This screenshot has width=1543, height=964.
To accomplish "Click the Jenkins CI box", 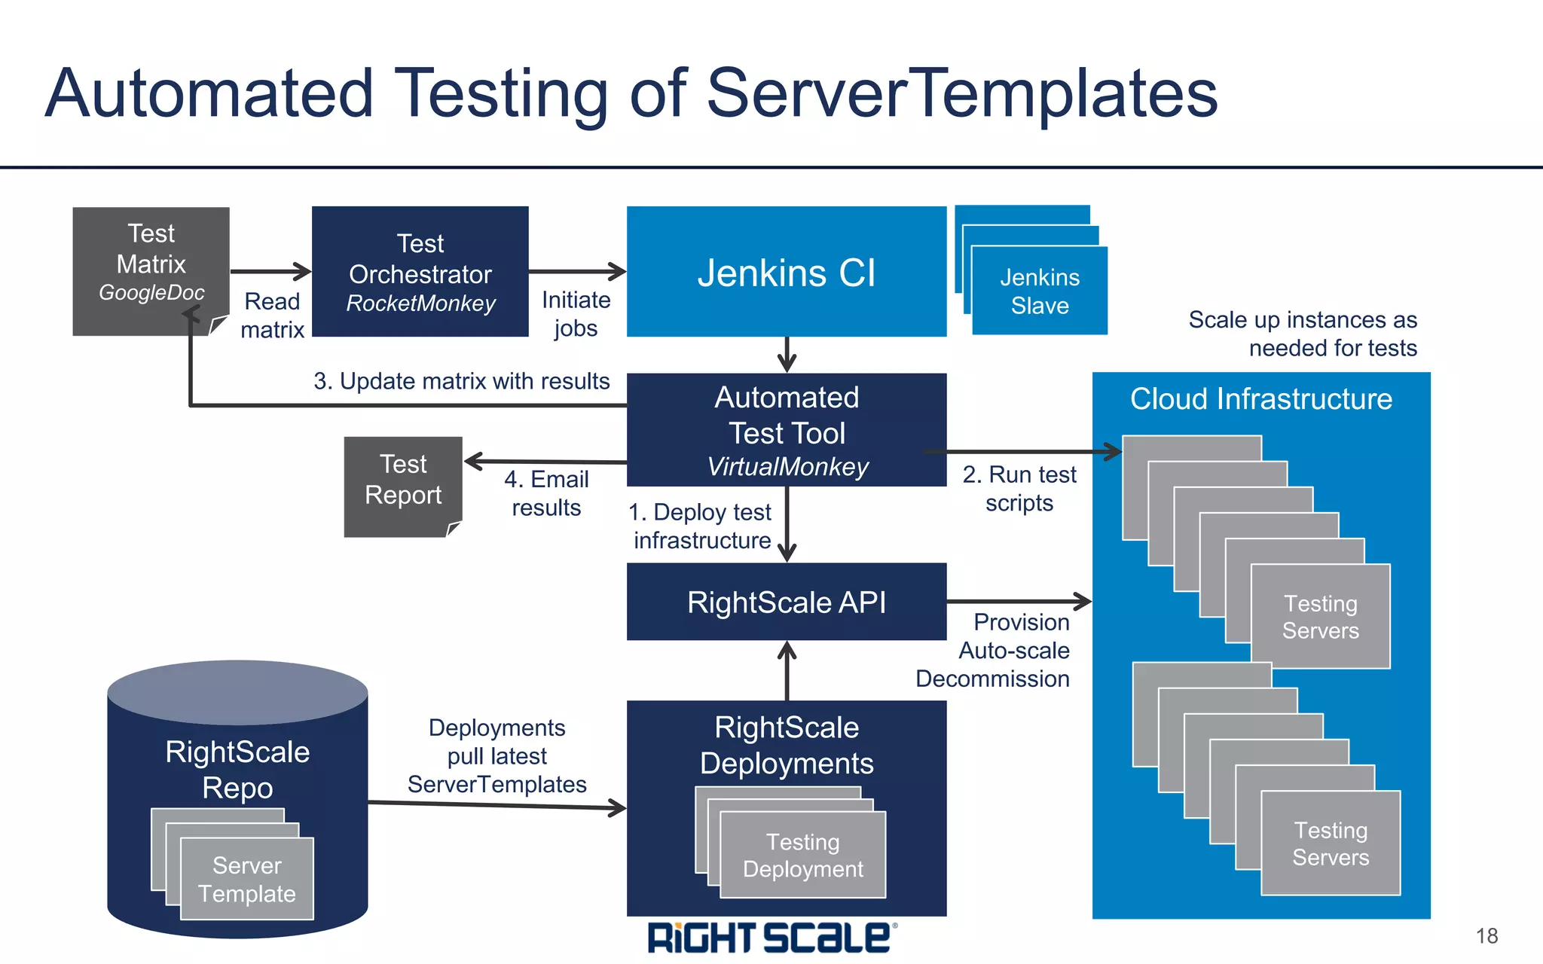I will click(786, 272).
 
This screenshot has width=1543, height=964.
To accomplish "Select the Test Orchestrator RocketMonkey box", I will click(420, 272).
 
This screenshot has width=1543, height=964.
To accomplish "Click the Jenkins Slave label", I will click(1040, 291).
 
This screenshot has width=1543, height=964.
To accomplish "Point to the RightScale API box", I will click(786, 602).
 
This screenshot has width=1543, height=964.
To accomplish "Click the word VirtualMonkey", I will click(787, 467).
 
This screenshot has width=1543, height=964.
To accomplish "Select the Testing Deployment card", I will click(802, 856).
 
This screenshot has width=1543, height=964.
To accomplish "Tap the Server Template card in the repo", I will click(247, 880).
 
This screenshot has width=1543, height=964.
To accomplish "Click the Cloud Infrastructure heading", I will click(1260, 399).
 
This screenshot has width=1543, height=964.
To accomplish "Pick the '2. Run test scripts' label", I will click(1019, 489).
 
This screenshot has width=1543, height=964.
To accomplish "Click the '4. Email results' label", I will click(546, 493).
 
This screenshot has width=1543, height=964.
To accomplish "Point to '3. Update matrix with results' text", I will click(461, 381).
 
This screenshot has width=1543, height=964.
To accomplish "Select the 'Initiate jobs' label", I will click(576, 314).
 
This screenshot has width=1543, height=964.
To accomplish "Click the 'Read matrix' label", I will click(272, 316).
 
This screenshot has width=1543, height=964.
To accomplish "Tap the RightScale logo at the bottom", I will click(770, 938).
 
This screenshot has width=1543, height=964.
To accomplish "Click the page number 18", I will click(1486, 936).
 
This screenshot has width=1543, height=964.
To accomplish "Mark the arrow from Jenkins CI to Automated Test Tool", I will click(787, 354).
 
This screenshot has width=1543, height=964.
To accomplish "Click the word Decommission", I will click(992, 679).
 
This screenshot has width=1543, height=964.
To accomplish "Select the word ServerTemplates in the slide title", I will click(962, 94).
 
